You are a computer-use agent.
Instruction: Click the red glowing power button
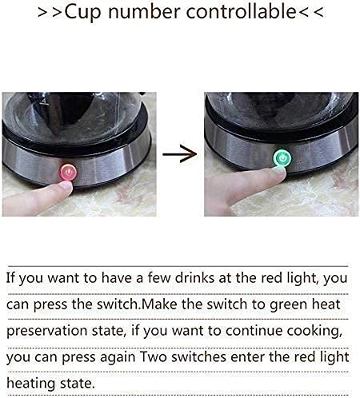click(68, 172)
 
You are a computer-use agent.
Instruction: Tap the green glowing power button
click(282, 158)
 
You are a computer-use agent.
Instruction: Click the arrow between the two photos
click(179, 153)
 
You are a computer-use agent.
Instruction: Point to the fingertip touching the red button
click(65, 185)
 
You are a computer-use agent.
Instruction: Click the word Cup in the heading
click(82, 13)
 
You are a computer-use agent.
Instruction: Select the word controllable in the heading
click(241, 11)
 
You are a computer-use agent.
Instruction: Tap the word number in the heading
click(144, 12)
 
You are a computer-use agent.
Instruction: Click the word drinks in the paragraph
click(194, 277)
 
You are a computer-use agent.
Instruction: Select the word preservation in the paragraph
click(46, 331)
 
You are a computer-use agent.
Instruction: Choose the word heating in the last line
click(30, 384)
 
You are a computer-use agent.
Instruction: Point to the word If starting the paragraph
click(10, 277)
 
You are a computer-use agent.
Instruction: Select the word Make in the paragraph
click(159, 304)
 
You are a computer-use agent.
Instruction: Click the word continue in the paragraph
click(253, 331)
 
